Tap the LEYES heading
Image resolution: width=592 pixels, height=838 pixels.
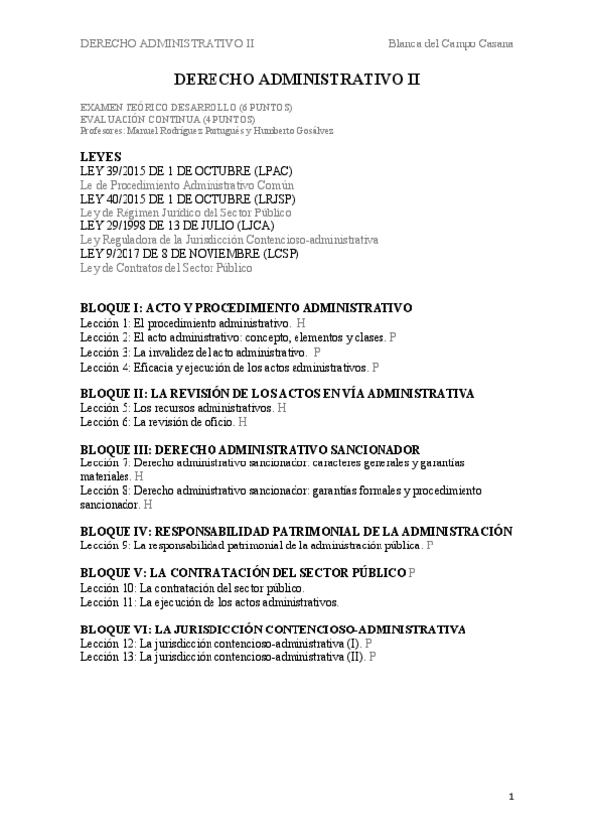coord(100,156)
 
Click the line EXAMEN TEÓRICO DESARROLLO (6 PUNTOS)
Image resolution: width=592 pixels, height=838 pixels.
coord(186,107)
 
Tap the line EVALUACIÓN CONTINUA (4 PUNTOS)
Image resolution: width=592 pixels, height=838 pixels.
coord(173,119)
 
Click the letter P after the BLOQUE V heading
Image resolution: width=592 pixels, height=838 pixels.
coord(412,573)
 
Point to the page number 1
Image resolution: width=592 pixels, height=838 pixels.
coord(512,796)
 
